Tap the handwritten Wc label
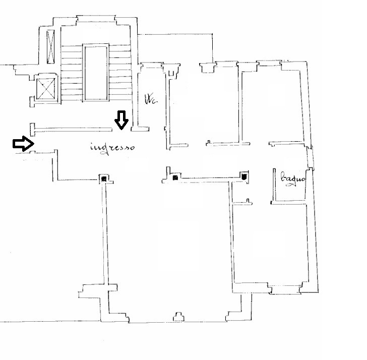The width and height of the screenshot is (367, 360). (x=151, y=99)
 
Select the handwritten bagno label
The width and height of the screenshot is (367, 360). (x=293, y=178)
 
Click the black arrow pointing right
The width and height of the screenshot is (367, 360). (x=23, y=143)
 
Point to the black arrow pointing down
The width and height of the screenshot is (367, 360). (x=121, y=120)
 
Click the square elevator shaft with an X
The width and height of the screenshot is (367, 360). (x=46, y=88)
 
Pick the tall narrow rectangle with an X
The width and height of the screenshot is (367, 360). (x=50, y=47)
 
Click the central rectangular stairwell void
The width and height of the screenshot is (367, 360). (x=96, y=73)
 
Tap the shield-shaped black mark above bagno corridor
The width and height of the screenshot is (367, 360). (x=244, y=176)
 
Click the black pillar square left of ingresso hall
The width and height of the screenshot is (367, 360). (x=104, y=179)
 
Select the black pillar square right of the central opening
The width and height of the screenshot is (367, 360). (x=175, y=177)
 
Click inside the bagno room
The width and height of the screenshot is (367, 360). (x=290, y=185)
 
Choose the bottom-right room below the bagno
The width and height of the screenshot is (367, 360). (x=270, y=244)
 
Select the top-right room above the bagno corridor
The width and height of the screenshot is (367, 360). (x=272, y=105)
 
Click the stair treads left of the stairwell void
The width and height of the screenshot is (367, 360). (x=72, y=73)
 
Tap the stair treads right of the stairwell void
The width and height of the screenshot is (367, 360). (x=120, y=73)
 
